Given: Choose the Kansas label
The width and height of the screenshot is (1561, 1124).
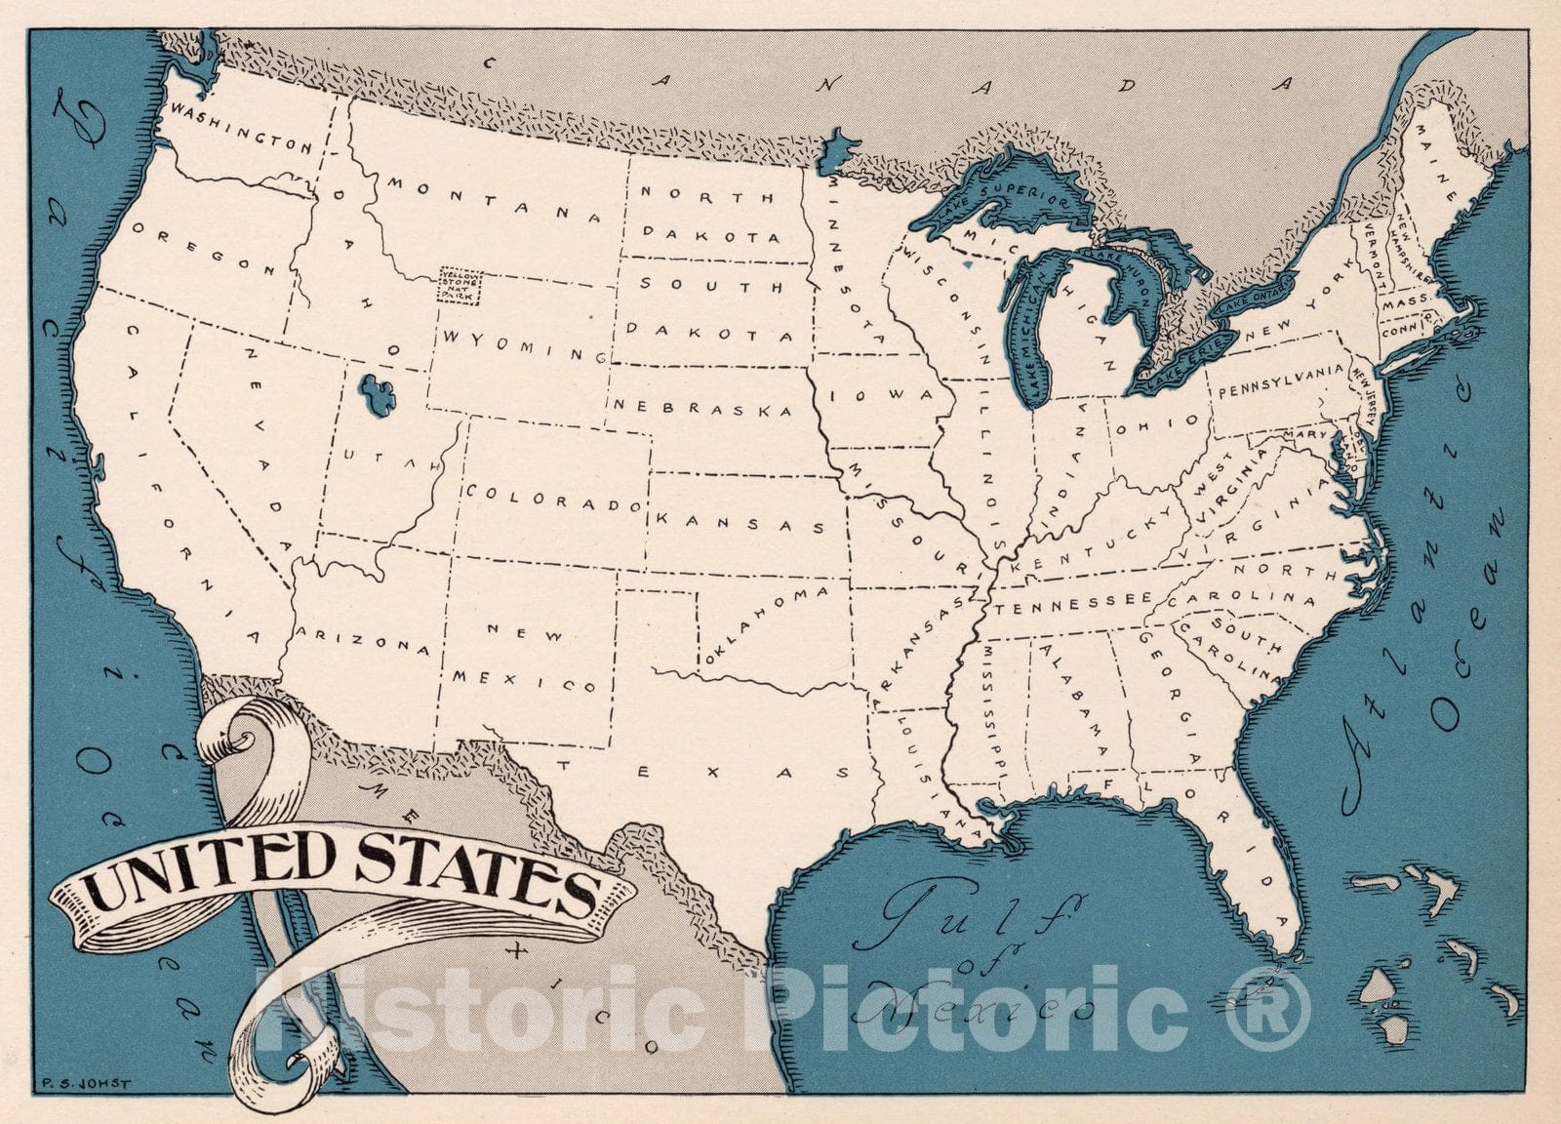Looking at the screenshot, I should point(742,519).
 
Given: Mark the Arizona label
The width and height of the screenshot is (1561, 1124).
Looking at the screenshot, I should point(364,640).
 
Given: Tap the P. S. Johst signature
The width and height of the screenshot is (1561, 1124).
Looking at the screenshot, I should point(87,1080).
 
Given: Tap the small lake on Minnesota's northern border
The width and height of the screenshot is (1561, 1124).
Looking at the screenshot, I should point(837,148).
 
